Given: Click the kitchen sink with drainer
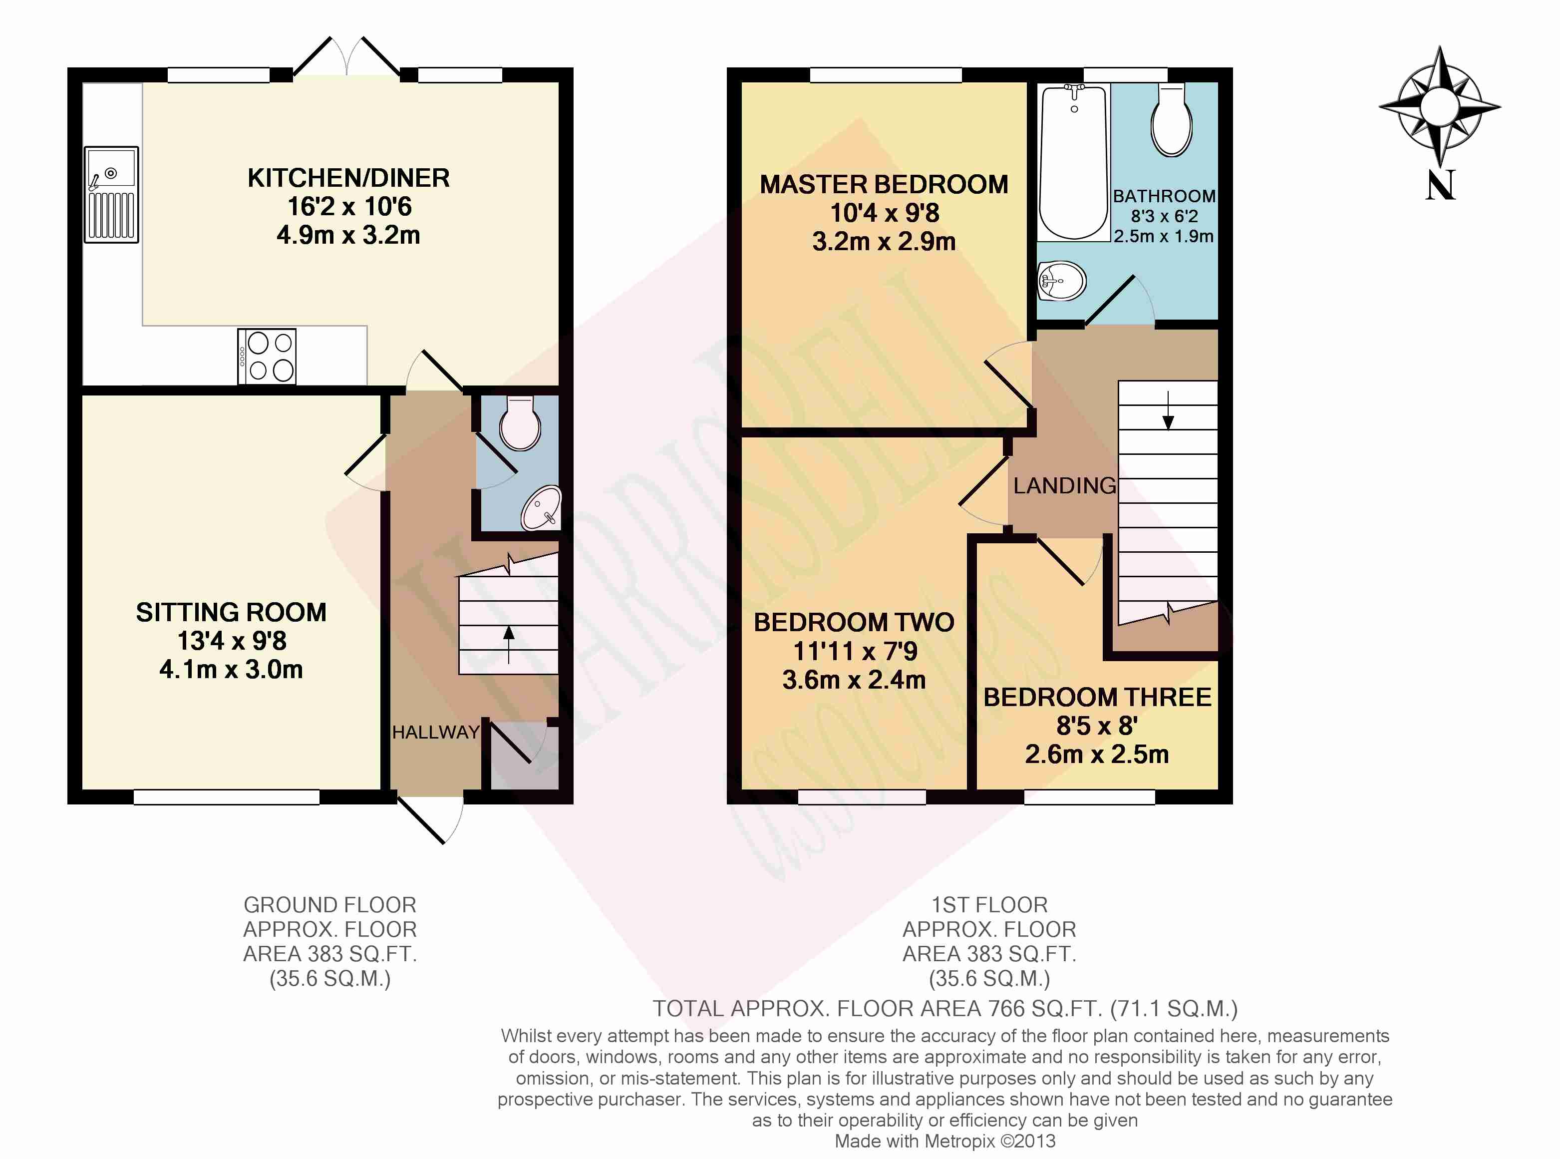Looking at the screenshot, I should (111, 194).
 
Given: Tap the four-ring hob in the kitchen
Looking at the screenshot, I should (267, 357).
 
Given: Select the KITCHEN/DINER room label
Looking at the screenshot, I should (348, 178).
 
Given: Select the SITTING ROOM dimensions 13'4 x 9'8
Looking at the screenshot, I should (232, 641).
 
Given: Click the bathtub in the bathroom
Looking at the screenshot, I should (1073, 163).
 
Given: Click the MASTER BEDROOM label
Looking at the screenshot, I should (884, 185).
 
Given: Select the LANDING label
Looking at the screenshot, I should (1065, 485).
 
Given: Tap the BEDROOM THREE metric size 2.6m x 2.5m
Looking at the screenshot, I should (1097, 754).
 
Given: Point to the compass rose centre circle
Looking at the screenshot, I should (1439, 107).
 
